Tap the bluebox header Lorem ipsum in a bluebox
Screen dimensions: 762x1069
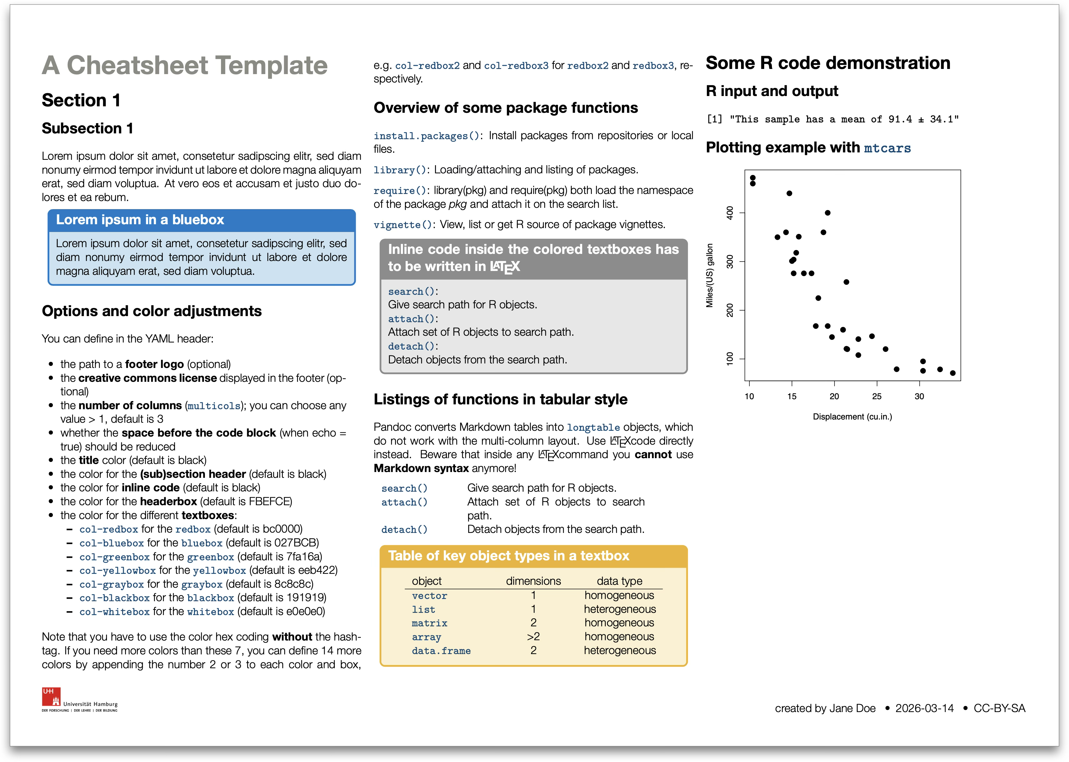[140, 220]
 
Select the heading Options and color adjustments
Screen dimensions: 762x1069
[151, 311]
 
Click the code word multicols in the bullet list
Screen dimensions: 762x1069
[214, 406]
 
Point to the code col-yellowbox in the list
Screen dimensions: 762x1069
[117, 571]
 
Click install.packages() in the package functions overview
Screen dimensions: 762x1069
[426, 136]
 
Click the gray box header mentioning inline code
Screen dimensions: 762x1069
[533, 257]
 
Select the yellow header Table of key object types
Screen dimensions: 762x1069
[508, 556]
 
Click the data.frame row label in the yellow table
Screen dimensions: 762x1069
[441, 651]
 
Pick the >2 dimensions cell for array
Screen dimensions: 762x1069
[533, 637]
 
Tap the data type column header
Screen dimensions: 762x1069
[619, 581]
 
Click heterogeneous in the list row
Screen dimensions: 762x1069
[620, 609]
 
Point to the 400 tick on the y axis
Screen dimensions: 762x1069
[730, 213]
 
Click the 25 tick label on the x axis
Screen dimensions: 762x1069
[876, 397]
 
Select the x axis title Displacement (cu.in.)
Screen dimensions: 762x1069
[852, 417]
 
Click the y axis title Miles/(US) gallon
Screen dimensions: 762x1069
[710, 275]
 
